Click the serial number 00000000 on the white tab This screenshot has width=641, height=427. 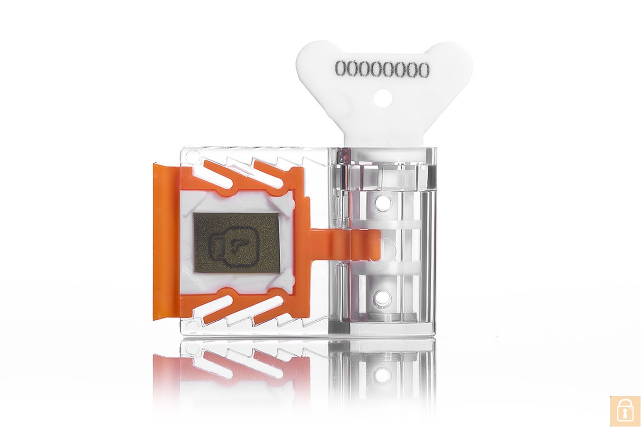click(x=382, y=69)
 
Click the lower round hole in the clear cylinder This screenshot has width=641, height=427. click(x=381, y=298)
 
